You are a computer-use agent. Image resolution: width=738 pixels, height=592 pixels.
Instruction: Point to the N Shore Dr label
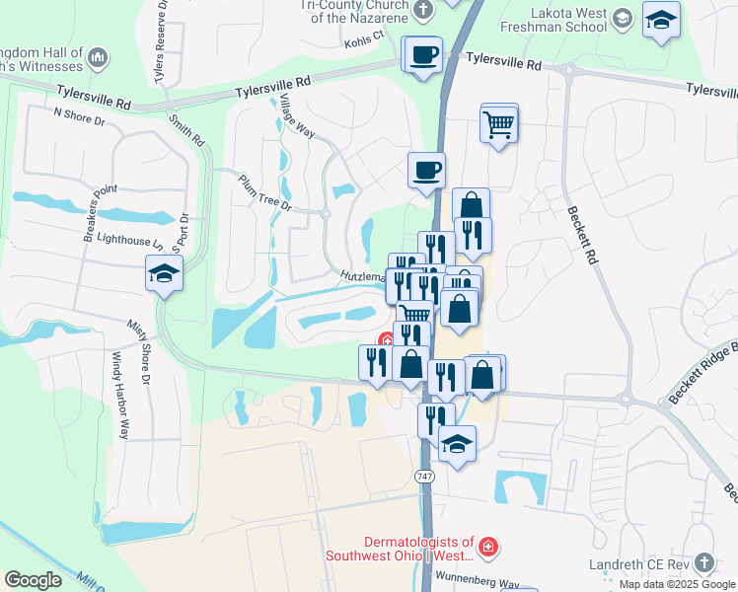coord(79,118)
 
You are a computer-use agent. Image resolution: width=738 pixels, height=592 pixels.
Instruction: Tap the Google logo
coord(33,579)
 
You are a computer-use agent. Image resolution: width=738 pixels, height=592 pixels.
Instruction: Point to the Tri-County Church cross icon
coord(423,11)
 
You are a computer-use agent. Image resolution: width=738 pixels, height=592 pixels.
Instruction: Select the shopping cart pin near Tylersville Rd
coord(499,124)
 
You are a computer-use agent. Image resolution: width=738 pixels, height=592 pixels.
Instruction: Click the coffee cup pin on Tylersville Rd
coord(423,55)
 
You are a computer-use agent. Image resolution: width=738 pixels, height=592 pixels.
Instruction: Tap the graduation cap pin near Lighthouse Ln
coord(165,274)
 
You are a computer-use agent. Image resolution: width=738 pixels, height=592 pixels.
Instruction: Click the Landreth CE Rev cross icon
coord(703,562)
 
